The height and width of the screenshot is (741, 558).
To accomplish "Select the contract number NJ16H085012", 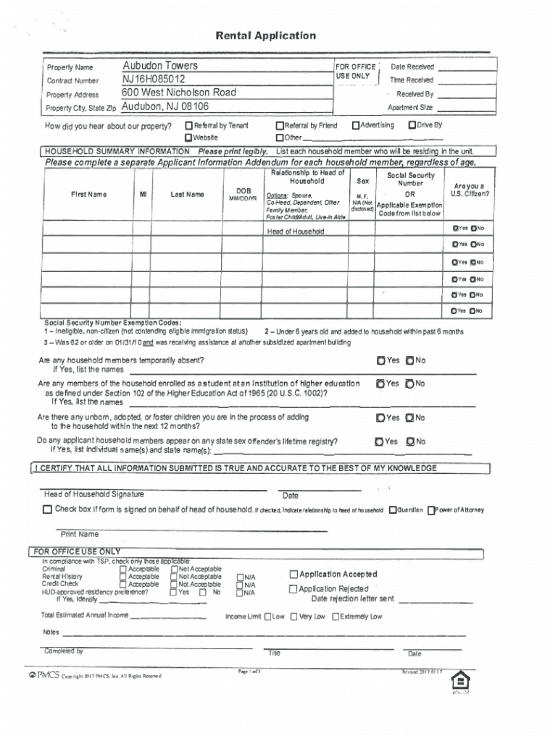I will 153,79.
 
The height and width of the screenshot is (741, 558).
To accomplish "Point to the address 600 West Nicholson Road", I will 179,93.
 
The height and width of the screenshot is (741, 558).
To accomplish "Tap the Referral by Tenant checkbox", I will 188,126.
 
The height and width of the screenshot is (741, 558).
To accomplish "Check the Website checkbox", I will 188,137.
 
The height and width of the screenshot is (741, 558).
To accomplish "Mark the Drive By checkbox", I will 412,125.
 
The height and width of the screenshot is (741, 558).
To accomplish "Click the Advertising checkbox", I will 355,125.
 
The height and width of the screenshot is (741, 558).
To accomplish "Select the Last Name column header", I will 187,194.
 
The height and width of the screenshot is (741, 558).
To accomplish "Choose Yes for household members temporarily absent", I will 380,360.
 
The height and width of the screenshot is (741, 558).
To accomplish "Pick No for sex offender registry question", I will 410,441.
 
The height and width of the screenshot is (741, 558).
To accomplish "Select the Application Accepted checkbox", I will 293,574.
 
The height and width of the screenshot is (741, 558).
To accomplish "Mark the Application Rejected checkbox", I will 293,589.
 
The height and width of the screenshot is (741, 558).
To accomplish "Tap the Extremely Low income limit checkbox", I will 336,617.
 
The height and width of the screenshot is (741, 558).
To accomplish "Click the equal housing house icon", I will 459,682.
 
